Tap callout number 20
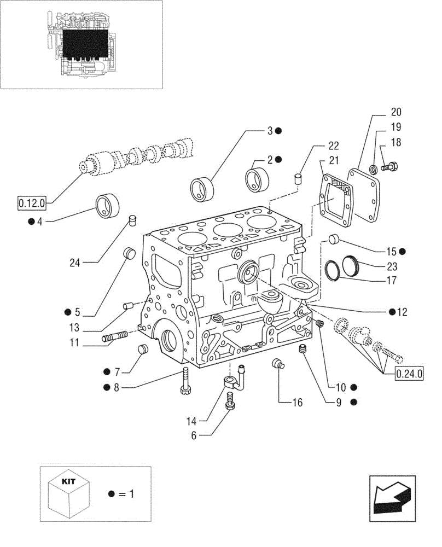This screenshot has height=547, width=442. tap(396, 113)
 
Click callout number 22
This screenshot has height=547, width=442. tap(333, 146)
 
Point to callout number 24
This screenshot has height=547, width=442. tap(74, 263)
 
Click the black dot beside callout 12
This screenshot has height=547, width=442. tap(393, 312)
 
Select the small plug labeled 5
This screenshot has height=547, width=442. tap(130, 253)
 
